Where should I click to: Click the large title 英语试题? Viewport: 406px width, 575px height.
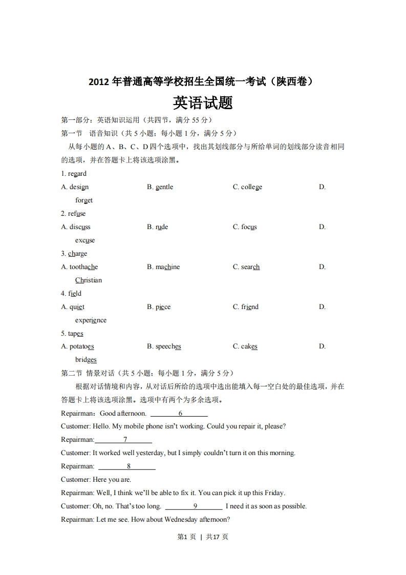203,103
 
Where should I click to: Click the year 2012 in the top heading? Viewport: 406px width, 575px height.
99,81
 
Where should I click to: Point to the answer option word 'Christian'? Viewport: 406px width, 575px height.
89,280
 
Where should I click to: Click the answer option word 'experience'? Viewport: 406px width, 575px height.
91,320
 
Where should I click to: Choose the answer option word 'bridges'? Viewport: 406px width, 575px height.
86,360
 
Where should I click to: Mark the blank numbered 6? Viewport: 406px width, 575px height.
179,414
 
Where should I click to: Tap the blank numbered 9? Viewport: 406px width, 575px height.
194,506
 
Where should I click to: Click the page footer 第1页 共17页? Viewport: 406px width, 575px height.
203,537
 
